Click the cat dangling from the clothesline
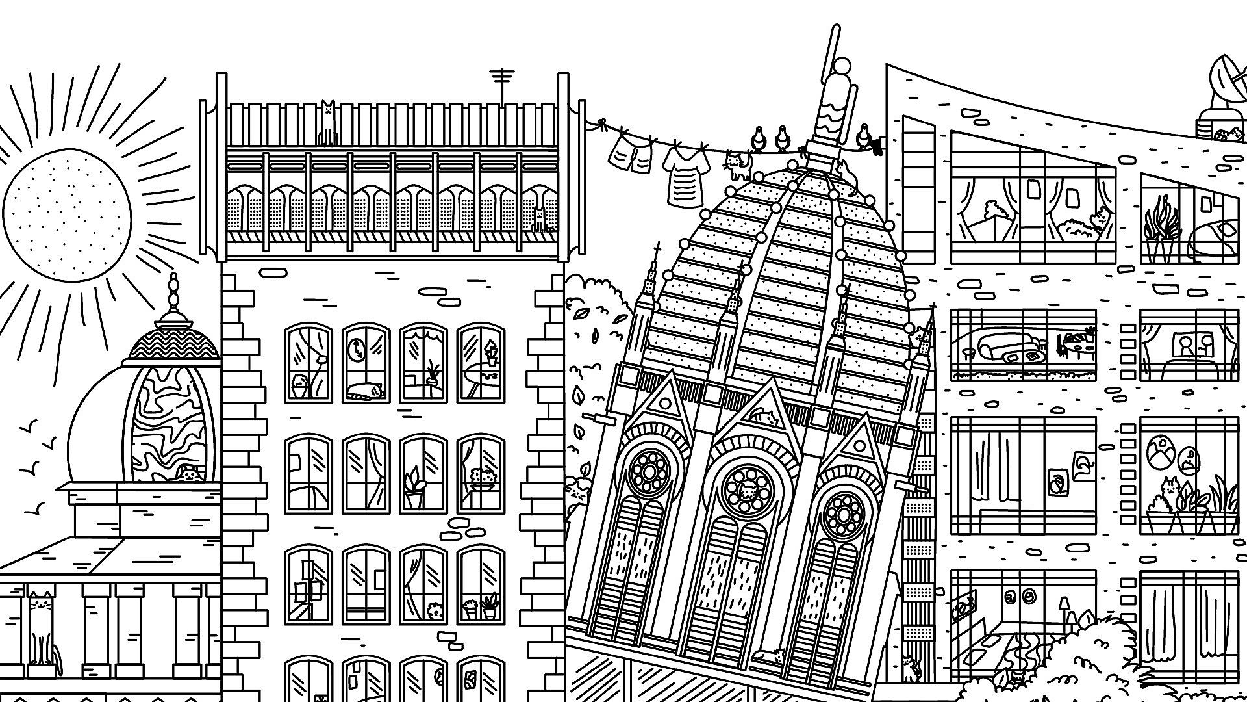(737, 165)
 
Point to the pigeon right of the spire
(864, 138)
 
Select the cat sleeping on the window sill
(365, 390)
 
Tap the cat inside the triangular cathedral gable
(764, 414)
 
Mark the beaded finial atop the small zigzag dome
(173, 292)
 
